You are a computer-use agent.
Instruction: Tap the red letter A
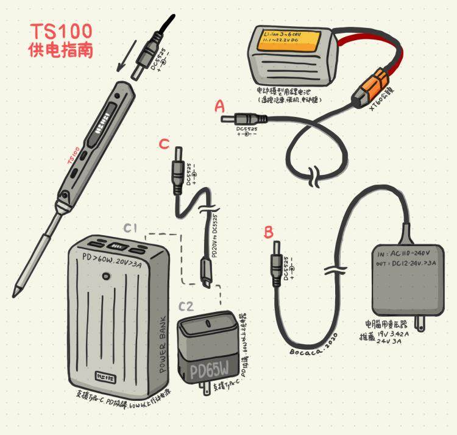[x=220, y=107]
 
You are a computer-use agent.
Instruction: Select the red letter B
[x=269, y=232]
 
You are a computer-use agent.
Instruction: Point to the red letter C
[x=163, y=144]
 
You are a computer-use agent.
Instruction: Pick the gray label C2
[x=186, y=306]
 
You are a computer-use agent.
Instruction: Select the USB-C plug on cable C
[x=206, y=274]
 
